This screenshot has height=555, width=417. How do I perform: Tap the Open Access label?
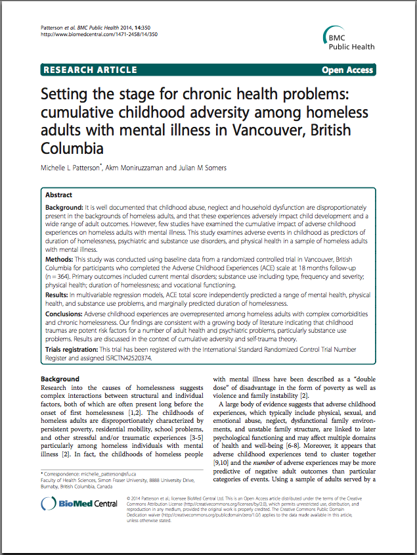pos(347,70)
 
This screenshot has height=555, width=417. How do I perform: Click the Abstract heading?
pos(59,195)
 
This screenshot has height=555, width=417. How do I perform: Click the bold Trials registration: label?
pos(72,349)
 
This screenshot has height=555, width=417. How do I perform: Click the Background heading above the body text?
pos(60,379)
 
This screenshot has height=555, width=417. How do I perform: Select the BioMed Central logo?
pos(77,505)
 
